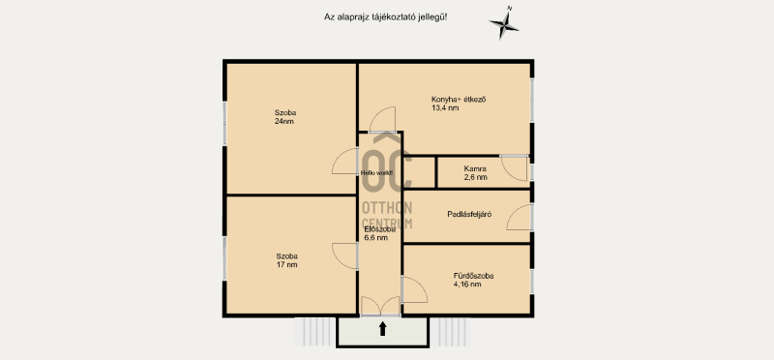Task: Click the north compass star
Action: coord(504,22)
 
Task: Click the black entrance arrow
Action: coord(382,328)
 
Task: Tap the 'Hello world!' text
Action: coord(376,173)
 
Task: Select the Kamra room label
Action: coord(475,168)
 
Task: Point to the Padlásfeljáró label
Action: coord(469,214)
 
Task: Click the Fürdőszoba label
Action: coord(473,276)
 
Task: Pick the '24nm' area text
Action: coord(284,121)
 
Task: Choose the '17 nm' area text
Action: coord(286,265)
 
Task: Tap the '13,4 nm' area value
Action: coord(445,107)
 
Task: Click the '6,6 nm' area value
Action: coord(375,237)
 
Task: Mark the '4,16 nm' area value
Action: coord(467,285)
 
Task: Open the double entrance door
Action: coord(380,306)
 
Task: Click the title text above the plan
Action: coord(385,16)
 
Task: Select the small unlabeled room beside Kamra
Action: coord(419,172)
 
